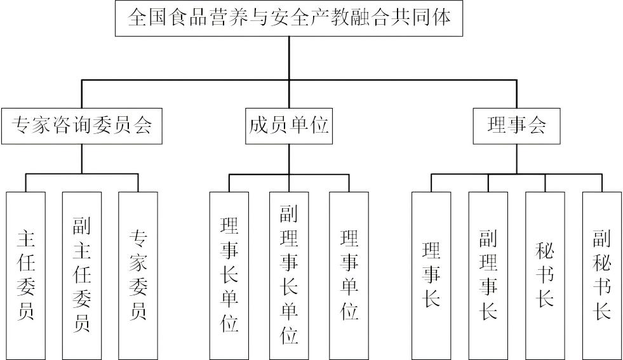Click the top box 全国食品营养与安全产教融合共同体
(x=290, y=18)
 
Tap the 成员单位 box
(x=288, y=126)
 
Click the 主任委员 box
(x=26, y=273)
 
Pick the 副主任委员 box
(x=82, y=273)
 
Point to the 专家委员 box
(x=138, y=273)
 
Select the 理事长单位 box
(x=229, y=273)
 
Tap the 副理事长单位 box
(x=289, y=273)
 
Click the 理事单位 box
(x=349, y=273)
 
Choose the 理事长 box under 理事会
(x=431, y=273)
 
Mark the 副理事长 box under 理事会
(x=488, y=273)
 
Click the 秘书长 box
(x=545, y=273)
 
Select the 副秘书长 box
(x=601, y=273)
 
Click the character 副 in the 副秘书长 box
(x=601, y=239)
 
